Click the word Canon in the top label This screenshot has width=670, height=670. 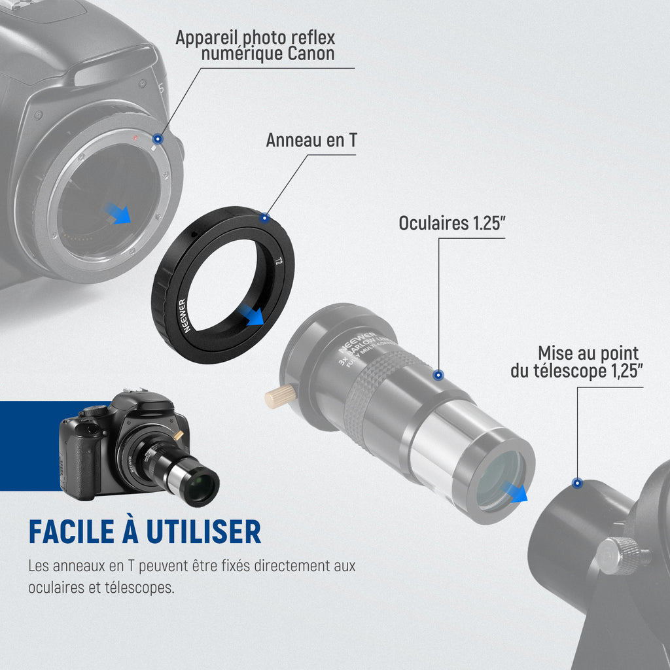[311, 54]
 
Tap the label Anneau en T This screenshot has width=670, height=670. [311, 140]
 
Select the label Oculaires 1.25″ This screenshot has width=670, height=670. [452, 223]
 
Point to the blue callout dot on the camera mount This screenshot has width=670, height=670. [158, 139]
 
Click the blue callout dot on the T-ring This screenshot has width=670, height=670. [265, 218]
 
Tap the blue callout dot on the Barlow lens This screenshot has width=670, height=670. [438, 375]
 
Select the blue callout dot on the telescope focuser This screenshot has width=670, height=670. [577, 484]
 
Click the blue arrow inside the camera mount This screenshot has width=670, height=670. [118, 213]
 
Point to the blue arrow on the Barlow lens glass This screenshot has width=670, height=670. [514, 491]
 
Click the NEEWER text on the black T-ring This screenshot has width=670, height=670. [184, 316]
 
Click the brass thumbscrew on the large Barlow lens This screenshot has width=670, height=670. [280, 396]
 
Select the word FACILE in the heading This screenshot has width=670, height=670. [71, 532]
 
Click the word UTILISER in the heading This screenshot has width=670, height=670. [203, 532]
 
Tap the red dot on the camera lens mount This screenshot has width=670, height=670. [135, 138]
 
